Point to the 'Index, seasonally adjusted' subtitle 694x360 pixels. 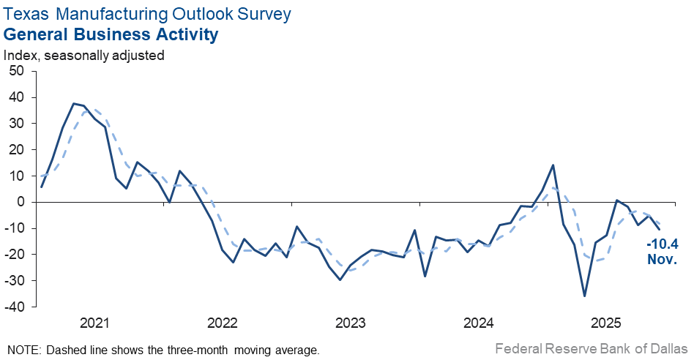click(x=84, y=54)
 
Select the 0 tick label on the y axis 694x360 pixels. click(x=20, y=202)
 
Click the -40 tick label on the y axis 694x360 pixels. click(x=15, y=307)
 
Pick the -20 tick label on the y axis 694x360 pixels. click(x=15, y=255)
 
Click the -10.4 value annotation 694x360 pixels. click(x=662, y=245)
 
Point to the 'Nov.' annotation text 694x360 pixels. click(x=662, y=259)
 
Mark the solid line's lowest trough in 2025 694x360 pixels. click(x=584, y=296)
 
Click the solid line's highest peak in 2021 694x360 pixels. click(x=73, y=104)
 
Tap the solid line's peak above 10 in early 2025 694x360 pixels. click(x=553, y=165)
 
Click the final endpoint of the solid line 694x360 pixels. click(x=660, y=229)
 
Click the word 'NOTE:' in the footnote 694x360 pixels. click(x=24, y=350)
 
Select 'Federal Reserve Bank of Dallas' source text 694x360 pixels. click(x=592, y=349)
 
